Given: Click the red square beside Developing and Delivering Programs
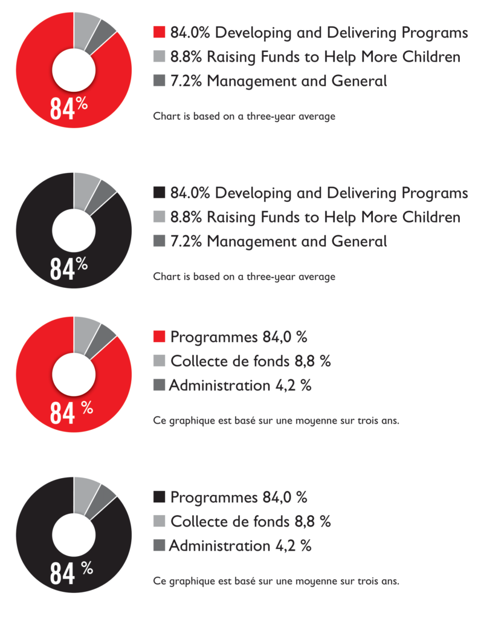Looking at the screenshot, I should point(160,33).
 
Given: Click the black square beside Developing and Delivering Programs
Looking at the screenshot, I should point(160,193).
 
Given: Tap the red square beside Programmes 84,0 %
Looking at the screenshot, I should point(160,337).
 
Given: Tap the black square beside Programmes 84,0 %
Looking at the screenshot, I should point(160,497).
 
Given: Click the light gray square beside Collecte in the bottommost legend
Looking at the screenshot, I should point(160,521).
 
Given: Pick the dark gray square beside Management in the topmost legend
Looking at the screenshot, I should point(160,80).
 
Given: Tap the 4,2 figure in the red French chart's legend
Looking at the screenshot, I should point(286,386).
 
